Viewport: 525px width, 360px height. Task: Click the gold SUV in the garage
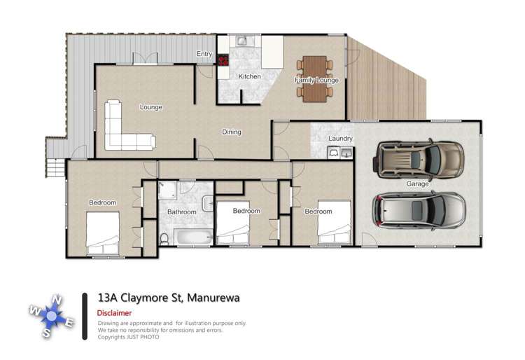click(x=419, y=160)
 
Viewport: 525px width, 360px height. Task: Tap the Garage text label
click(x=418, y=184)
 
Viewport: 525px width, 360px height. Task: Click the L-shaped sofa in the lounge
click(x=126, y=129)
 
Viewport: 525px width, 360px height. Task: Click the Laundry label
click(x=341, y=139)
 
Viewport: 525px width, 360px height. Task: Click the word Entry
click(x=204, y=54)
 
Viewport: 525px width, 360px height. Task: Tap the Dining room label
click(x=232, y=132)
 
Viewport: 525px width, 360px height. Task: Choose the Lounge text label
click(x=150, y=107)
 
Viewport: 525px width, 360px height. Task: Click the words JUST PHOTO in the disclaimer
click(x=145, y=337)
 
